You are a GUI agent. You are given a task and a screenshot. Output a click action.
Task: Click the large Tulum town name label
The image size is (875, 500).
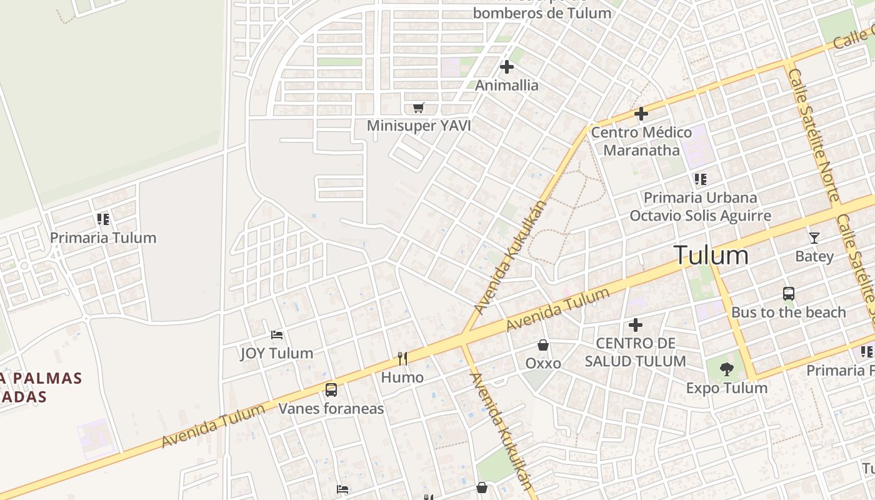click(x=711, y=255)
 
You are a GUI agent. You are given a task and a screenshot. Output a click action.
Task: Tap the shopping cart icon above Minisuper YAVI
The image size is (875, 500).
click(x=419, y=108)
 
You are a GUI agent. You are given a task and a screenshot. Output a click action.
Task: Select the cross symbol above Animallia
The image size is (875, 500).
click(x=507, y=67)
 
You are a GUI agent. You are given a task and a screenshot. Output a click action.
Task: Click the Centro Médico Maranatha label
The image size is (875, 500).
click(x=641, y=141)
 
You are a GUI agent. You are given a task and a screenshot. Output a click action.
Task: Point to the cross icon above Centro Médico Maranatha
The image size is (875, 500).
click(x=641, y=114)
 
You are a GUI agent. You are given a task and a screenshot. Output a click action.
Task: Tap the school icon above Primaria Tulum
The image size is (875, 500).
click(x=103, y=219)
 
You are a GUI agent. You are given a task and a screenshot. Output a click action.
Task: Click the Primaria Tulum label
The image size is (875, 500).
click(x=103, y=238)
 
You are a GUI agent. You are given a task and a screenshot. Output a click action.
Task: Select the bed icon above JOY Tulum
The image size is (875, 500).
click(x=277, y=336)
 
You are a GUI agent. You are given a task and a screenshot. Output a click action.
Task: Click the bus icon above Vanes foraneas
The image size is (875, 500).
click(x=331, y=390)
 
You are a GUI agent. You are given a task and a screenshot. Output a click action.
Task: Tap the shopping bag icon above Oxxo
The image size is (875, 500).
click(x=543, y=345)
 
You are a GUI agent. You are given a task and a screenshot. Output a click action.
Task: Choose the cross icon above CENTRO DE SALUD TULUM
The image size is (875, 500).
click(x=636, y=325)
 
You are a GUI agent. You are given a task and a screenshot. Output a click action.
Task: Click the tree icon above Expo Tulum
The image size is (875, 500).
click(x=726, y=369)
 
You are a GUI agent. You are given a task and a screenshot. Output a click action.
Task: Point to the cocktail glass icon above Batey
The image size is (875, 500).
click(x=814, y=238)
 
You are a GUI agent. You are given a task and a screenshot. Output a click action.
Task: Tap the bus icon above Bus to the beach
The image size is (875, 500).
click(x=789, y=294)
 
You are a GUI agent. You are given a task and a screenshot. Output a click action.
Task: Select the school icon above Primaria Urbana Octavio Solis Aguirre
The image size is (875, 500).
click(x=700, y=179)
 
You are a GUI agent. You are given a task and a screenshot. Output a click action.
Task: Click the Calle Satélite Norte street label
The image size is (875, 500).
click(x=813, y=135)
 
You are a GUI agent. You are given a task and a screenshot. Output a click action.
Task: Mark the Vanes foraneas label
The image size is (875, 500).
click(x=331, y=409)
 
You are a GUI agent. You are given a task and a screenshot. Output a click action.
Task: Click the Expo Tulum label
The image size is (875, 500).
click(x=726, y=388)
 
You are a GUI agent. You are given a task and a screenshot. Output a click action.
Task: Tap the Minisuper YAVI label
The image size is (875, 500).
click(x=419, y=126)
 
